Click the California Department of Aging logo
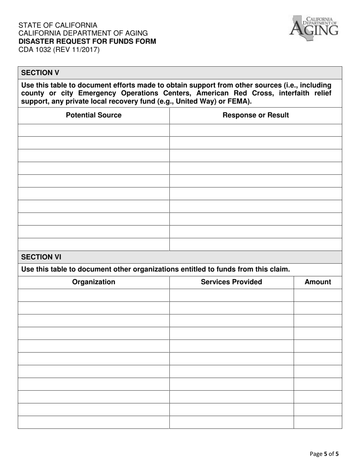pyautogui.click(x=313, y=27)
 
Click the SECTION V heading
pyautogui.click(x=40, y=73)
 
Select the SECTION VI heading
pyautogui.click(x=41, y=257)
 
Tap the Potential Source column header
pyautogui.click(x=94, y=115)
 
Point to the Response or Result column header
pyautogui.click(x=255, y=115)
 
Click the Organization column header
pyautogui.click(x=94, y=282)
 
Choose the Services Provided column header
pyautogui.click(x=231, y=282)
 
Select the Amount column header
pyautogui.click(x=318, y=282)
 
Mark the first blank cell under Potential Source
pyautogui.click(x=94, y=130)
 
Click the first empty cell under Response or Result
pyautogui.click(x=255, y=130)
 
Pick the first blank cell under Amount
pyautogui.click(x=318, y=295)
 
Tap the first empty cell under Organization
pyautogui.click(x=94, y=295)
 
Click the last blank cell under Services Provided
pyautogui.click(x=231, y=422)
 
